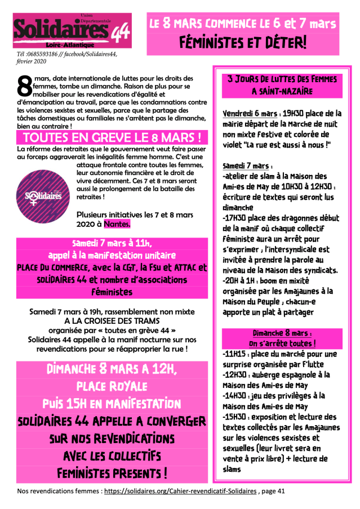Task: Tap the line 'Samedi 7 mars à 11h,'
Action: (112, 243)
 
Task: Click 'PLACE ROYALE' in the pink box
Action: (112, 386)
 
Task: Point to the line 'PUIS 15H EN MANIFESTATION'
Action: (112, 404)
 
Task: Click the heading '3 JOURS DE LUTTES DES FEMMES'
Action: (278, 78)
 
